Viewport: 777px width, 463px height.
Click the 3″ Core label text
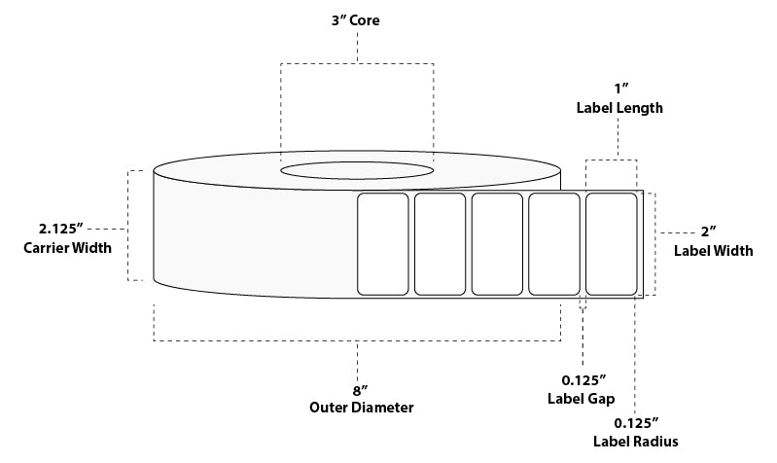coord(356,20)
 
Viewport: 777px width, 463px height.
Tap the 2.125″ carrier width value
coord(61,229)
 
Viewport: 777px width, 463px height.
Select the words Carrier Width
coord(68,247)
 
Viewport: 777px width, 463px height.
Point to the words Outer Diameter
coord(361,408)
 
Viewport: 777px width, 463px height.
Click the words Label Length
coord(619,108)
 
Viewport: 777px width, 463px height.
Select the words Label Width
coord(713,251)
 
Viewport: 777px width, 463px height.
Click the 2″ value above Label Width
coord(709,231)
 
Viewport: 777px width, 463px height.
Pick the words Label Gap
coord(582,399)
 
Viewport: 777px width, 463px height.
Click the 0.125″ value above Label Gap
coord(583,380)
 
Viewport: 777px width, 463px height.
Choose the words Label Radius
coord(636,442)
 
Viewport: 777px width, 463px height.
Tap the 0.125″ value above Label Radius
coord(637,423)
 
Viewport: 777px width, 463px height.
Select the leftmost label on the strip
coord(383,244)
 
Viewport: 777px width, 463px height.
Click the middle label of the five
coord(497,244)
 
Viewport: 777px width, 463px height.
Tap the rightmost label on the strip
coord(612,244)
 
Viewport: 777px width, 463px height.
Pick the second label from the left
coord(440,244)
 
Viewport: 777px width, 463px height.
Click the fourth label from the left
coord(554,244)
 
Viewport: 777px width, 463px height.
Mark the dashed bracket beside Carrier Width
coord(128,226)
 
